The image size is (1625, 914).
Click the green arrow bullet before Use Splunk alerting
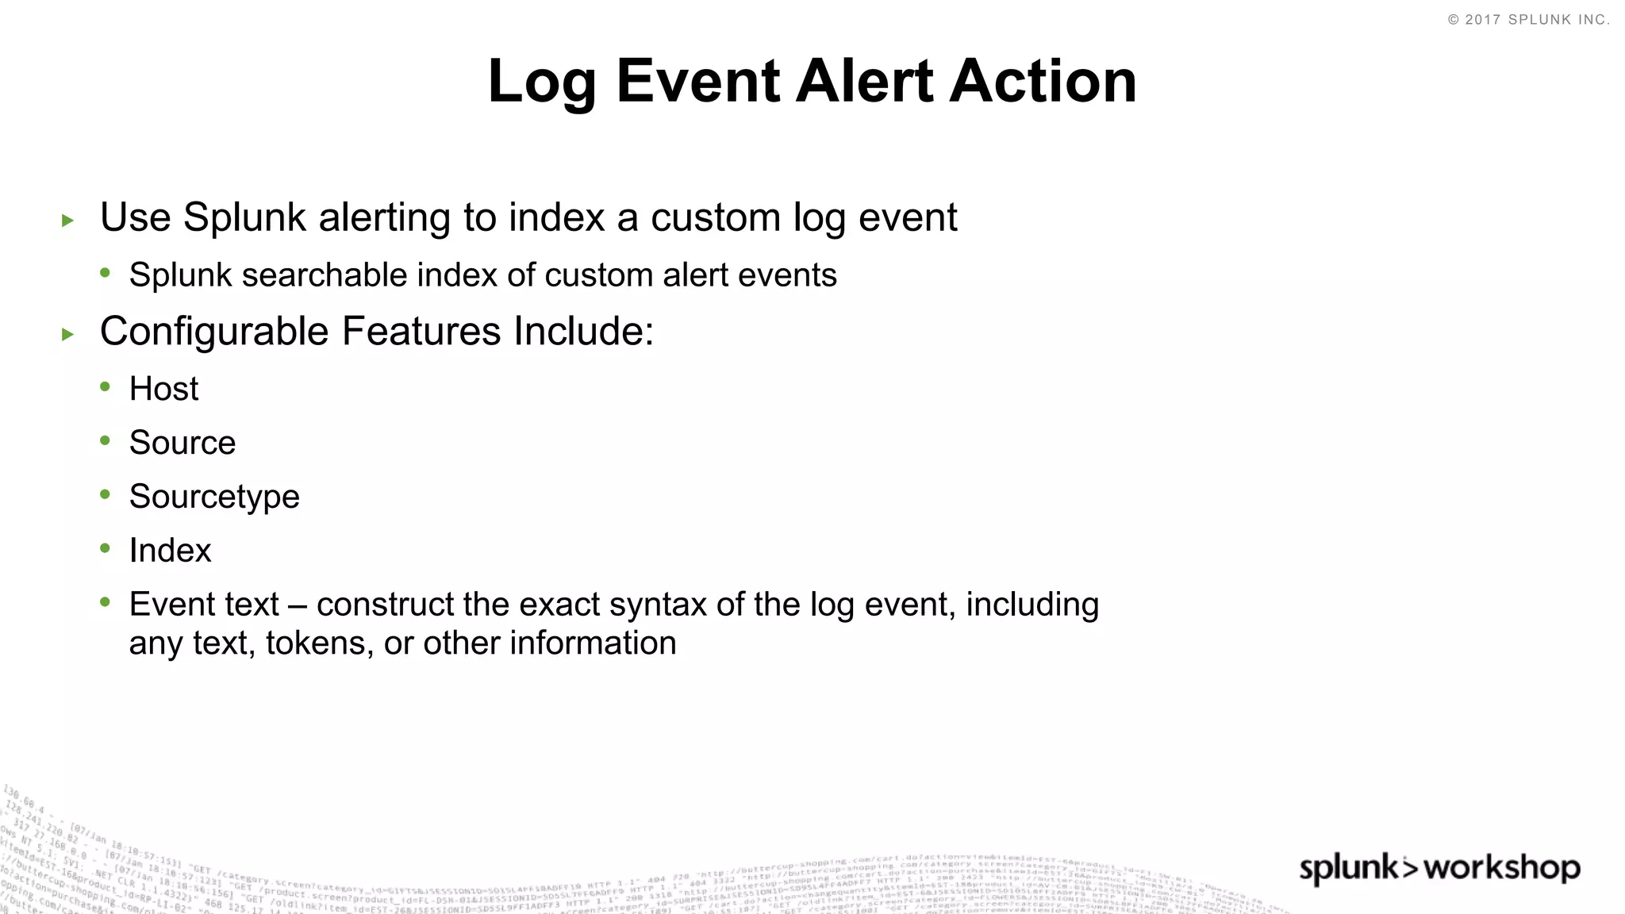[x=67, y=221]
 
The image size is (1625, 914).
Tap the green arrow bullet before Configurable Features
[x=67, y=335]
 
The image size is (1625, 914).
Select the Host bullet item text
[x=163, y=389]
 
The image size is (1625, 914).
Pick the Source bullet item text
[x=182, y=443]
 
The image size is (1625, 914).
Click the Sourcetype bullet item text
[x=214, y=497]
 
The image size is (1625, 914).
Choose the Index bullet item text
[x=170, y=551]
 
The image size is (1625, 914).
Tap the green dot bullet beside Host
[x=106, y=387]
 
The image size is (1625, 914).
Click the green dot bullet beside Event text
[x=106, y=603]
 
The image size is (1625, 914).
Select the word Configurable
[x=214, y=332]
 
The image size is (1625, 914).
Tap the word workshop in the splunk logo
[x=1501, y=868]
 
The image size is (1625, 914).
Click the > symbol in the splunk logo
[x=1410, y=868]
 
